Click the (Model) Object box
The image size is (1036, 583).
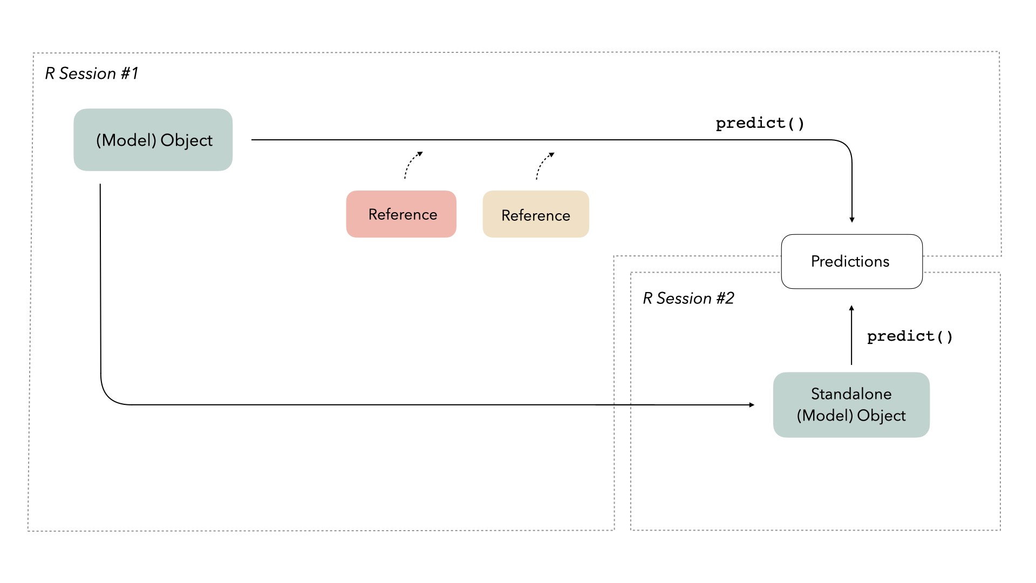153,140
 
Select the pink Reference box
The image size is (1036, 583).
401,214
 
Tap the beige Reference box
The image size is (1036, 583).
536,214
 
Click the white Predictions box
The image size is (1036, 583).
851,261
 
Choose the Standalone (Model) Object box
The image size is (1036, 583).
851,404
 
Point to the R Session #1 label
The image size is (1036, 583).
91,73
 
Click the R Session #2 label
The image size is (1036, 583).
688,298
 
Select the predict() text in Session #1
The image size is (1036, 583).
760,124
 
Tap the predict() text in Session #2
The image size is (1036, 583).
910,336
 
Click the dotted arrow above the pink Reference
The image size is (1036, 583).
412,164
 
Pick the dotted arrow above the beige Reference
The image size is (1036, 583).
544,165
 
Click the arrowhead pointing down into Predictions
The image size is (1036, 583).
852,219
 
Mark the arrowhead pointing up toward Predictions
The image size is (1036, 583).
851,308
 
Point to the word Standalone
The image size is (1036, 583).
851,394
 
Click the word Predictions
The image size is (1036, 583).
850,261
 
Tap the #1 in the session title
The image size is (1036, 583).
129,73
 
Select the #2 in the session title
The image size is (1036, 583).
725,298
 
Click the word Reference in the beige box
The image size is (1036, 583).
536,215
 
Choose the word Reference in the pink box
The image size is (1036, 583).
403,214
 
